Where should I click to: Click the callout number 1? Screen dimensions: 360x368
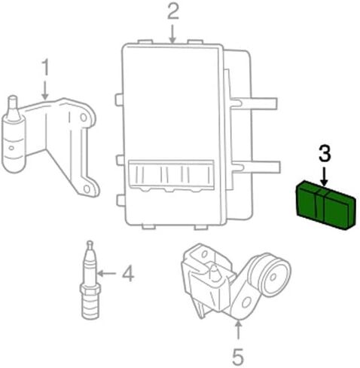pyautogui.click(x=45, y=67)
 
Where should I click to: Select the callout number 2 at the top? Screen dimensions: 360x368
pyautogui.click(x=173, y=11)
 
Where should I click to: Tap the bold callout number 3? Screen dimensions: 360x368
pyautogui.click(x=325, y=153)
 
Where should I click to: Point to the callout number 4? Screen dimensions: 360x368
pyautogui.click(x=128, y=274)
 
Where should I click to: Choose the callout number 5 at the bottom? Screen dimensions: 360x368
pyautogui.click(x=237, y=357)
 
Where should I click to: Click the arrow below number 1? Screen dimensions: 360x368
pyautogui.click(x=45, y=90)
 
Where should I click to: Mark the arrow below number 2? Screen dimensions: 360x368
pyautogui.click(x=172, y=34)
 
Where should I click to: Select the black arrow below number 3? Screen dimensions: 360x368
pyautogui.click(x=325, y=177)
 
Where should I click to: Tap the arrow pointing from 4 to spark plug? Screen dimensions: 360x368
pyautogui.click(x=106, y=273)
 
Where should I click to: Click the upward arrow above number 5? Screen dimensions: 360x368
pyautogui.click(x=238, y=330)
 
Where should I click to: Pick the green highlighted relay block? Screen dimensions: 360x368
pyautogui.click(x=325, y=205)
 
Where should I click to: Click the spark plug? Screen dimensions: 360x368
pyautogui.click(x=90, y=281)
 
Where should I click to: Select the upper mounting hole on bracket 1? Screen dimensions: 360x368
pyautogui.click(x=84, y=118)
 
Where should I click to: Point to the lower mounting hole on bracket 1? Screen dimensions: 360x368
pyautogui.click(x=87, y=189)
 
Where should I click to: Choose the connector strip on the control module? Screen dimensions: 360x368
pyautogui.click(x=171, y=176)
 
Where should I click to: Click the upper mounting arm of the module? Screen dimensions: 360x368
pyautogui.click(x=254, y=103)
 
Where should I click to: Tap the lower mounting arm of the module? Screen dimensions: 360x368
pyautogui.click(x=255, y=167)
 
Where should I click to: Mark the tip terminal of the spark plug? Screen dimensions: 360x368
pyautogui.click(x=90, y=244)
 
